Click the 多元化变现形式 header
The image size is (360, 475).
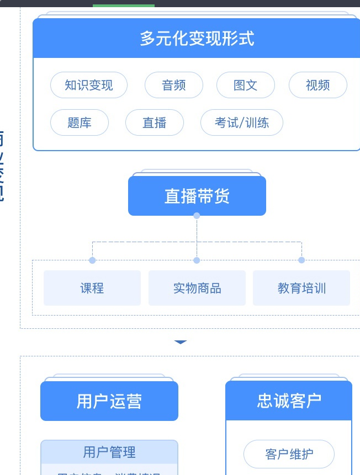point(197,39)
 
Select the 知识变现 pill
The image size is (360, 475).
point(89,85)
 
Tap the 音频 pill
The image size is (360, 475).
point(174,85)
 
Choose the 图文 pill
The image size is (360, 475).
point(246,85)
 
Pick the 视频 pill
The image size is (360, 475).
point(318,85)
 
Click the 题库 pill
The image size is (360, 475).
point(80,122)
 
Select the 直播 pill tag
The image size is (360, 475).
point(155,122)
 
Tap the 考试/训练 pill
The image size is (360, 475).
point(242,122)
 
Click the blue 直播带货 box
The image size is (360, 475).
point(197,196)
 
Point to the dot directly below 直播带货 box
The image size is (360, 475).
point(197,216)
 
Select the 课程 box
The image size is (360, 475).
point(92,288)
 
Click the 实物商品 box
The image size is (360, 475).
point(197,288)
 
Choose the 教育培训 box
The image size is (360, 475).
point(301,288)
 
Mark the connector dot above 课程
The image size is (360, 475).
point(92,260)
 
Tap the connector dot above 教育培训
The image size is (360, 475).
point(301,260)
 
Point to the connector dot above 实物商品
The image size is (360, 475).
point(197,260)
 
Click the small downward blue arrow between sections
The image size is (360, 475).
point(181,343)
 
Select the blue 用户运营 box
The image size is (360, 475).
point(109,401)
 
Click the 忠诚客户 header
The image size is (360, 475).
point(289,401)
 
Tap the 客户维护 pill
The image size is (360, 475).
point(289,454)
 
